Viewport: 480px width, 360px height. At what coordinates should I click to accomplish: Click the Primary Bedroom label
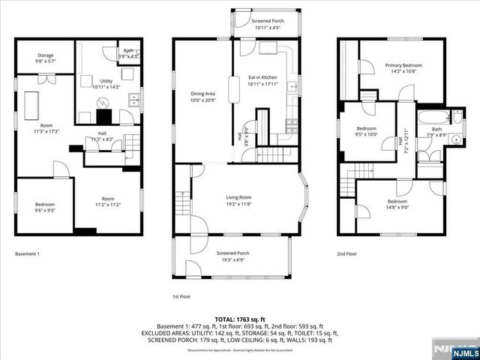[400, 68]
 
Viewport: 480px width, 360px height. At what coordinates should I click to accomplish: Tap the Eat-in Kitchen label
[262, 81]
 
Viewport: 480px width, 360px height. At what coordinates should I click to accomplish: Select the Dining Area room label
[202, 97]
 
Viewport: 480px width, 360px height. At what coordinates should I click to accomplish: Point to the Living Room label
[239, 200]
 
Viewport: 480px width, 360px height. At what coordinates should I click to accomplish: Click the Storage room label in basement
[45, 56]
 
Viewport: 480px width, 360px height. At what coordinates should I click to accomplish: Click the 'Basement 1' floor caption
[27, 254]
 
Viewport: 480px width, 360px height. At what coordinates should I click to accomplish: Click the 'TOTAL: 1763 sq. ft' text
[240, 319]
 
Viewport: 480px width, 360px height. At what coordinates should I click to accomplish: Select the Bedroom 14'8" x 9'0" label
[397, 205]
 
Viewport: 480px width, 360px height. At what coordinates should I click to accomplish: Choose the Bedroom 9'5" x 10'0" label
[367, 131]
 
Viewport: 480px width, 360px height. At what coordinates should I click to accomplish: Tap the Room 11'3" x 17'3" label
[46, 127]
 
